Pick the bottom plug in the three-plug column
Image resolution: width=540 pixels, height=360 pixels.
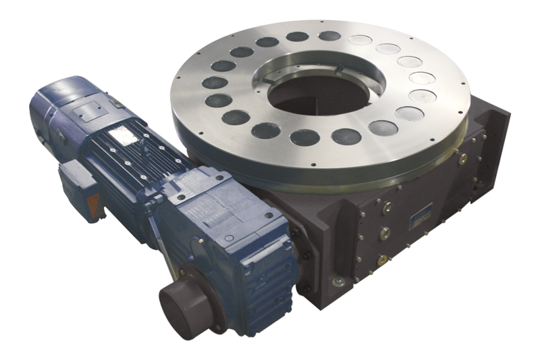(x=383, y=259)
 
